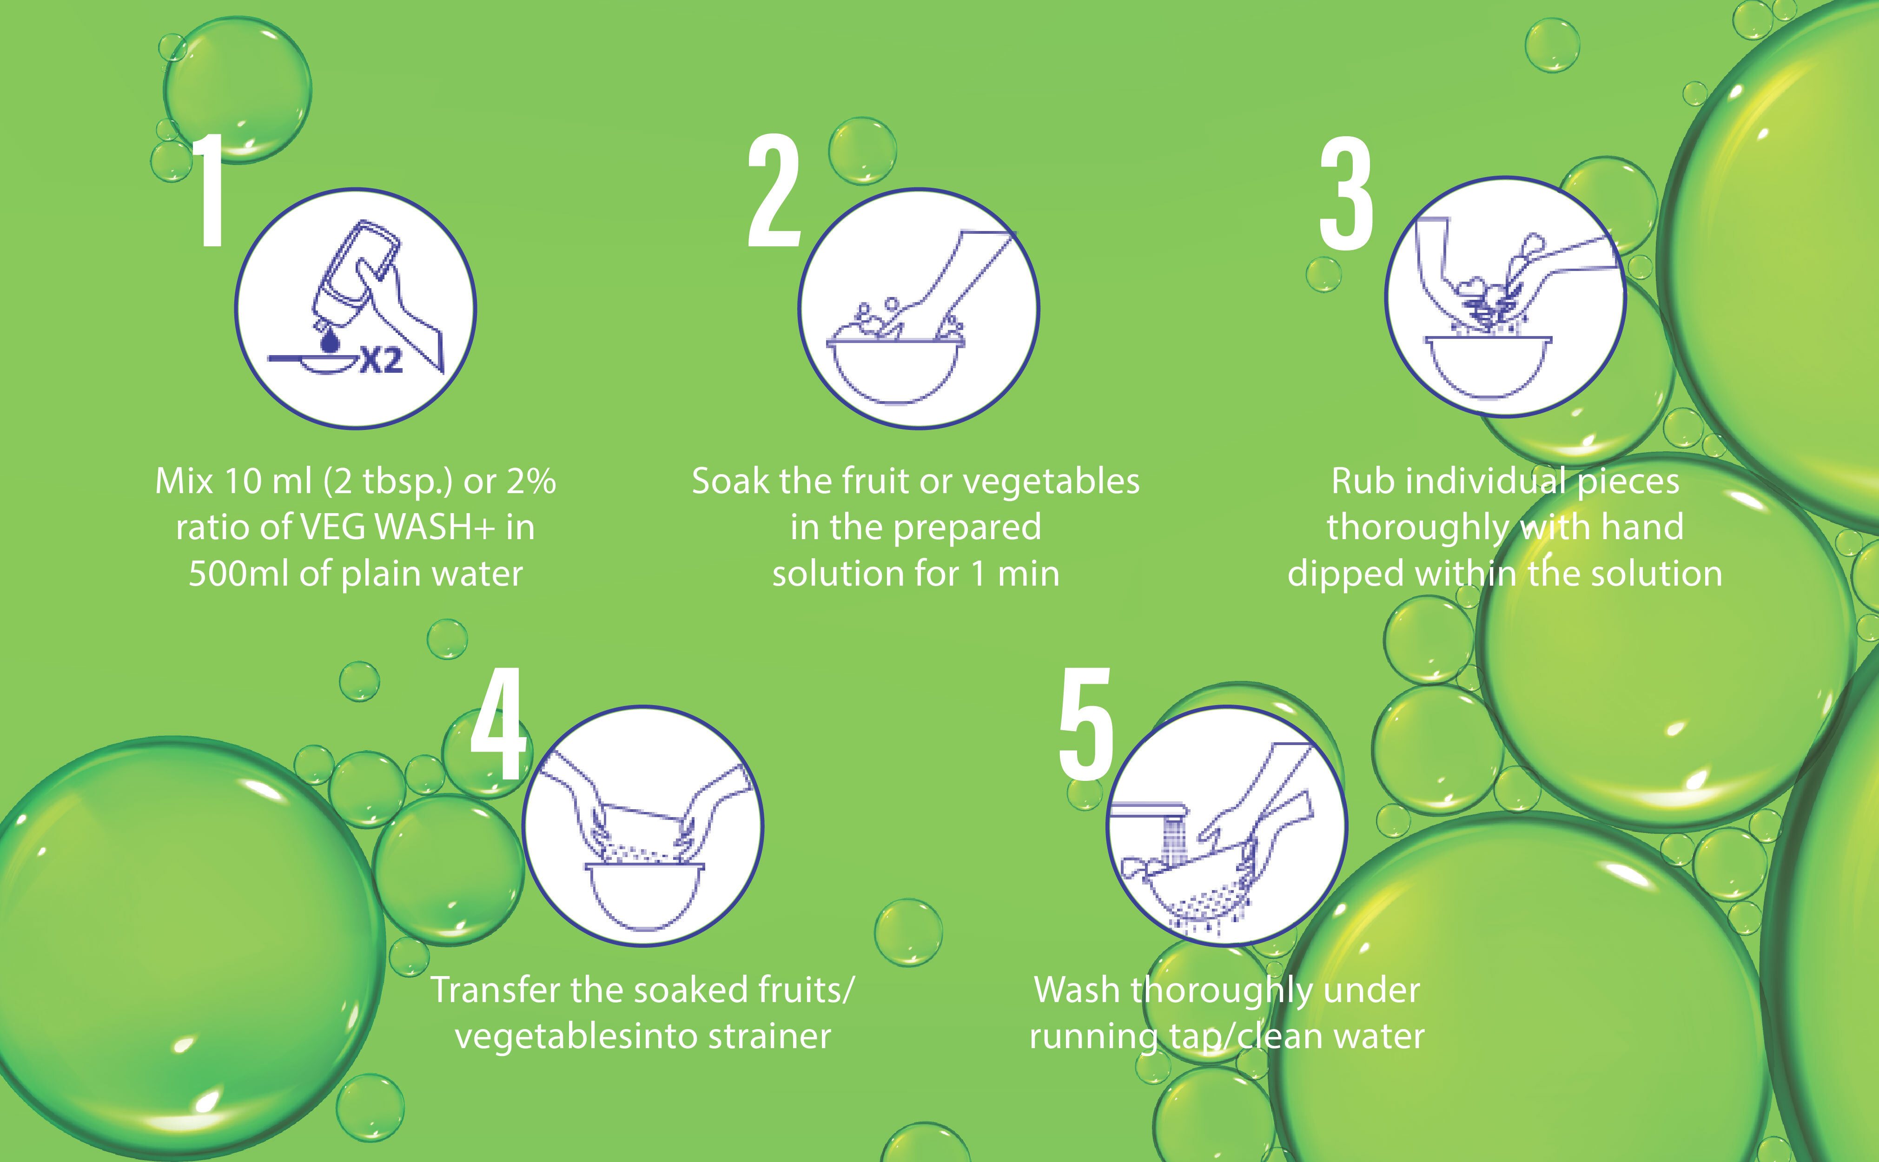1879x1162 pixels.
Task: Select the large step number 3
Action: click(1346, 194)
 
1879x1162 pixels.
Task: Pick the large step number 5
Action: click(1085, 724)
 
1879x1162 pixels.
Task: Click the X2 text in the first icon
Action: click(382, 360)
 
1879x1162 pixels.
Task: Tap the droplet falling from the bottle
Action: click(331, 340)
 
